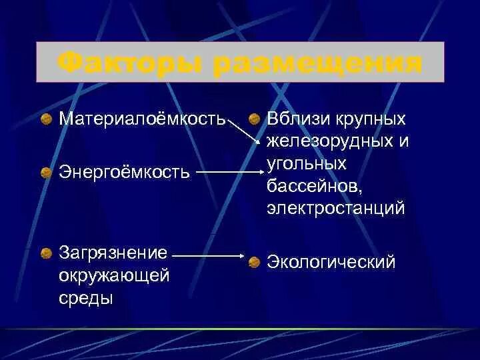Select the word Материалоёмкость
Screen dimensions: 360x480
click(x=142, y=119)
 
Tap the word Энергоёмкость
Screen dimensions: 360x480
click(x=125, y=173)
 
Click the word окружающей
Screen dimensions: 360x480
click(x=114, y=275)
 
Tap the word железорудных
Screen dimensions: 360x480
click(x=330, y=141)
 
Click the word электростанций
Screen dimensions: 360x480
click(x=336, y=209)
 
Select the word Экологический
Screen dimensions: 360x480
click(x=331, y=262)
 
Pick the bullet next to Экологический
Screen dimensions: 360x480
click(x=254, y=263)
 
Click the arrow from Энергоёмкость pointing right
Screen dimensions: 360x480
click(x=229, y=172)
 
